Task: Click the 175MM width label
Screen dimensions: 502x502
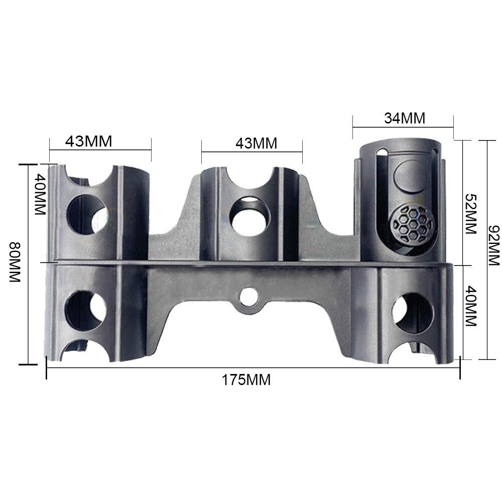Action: [x=246, y=380]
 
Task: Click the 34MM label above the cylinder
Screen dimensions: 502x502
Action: [x=405, y=118]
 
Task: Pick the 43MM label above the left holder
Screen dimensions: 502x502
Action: [x=88, y=142]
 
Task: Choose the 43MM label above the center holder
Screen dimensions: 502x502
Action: [x=257, y=143]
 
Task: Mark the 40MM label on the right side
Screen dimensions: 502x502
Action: [x=470, y=307]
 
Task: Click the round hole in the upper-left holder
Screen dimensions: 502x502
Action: [x=87, y=213]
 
